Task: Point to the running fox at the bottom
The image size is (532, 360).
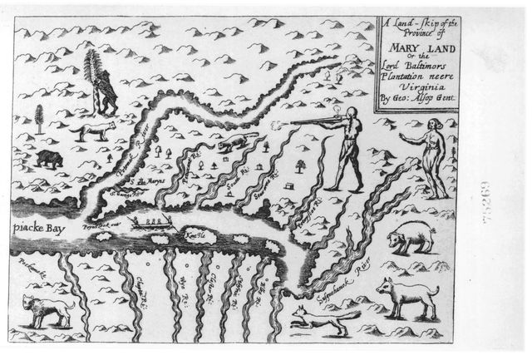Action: point(318,320)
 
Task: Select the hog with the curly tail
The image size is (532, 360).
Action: point(411,238)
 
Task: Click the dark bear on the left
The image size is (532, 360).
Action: point(49,157)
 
